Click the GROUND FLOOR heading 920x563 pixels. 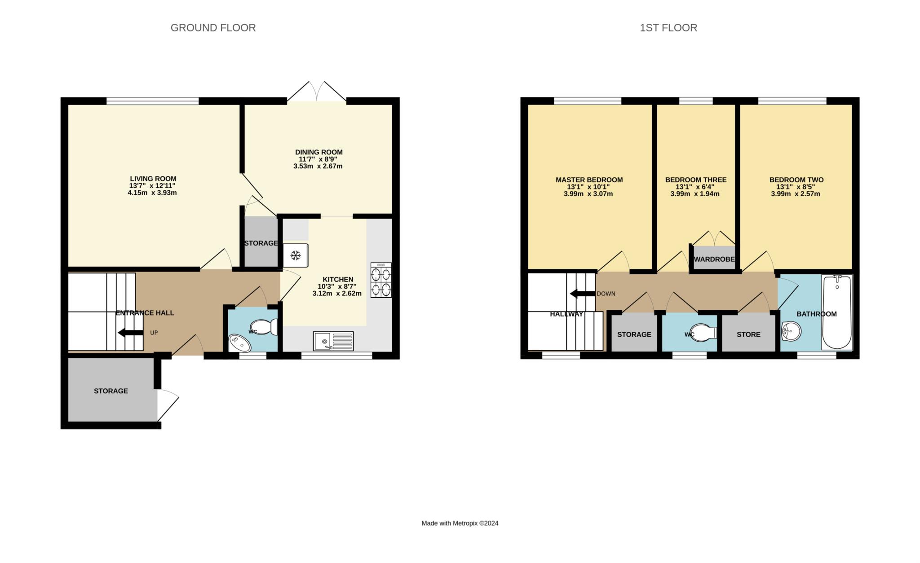pyautogui.click(x=213, y=28)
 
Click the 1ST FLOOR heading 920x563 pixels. pyautogui.click(x=668, y=28)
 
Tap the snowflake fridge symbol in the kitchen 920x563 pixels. pyautogui.click(x=295, y=255)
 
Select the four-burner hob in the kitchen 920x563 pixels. pyautogui.click(x=381, y=280)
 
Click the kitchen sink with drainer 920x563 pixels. pyautogui.click(x=333, y=341)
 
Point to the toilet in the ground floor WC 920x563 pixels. pyautogui.click(x=265, y=327)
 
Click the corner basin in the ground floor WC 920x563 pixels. pyautogui.click(x=239, y=343)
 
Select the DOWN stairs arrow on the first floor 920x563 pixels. pyautogui.click(x=583, y=294)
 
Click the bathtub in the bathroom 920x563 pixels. pyautogui.click(x=837, y=312)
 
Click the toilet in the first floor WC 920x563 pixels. pyautogui.click(x=703, y=333)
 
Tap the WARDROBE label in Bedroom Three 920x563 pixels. pyautogui.click(x=714, y=260)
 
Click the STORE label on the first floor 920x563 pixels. pyautogui.click(x=748, y=334)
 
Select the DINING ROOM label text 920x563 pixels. pyautogui.click(x=319, y=152)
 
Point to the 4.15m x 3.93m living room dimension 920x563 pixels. pyautogui.click(x=152, y=193)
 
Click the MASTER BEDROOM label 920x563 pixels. pyautogui.click(x=589, y=180)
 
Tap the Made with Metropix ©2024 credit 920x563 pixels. pyautogui.click(x=460, y=523)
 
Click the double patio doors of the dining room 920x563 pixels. pyautogui.click(x=317, y=92)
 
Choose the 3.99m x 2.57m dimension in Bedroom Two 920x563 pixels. pyautogui.click(x=796, y=194)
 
